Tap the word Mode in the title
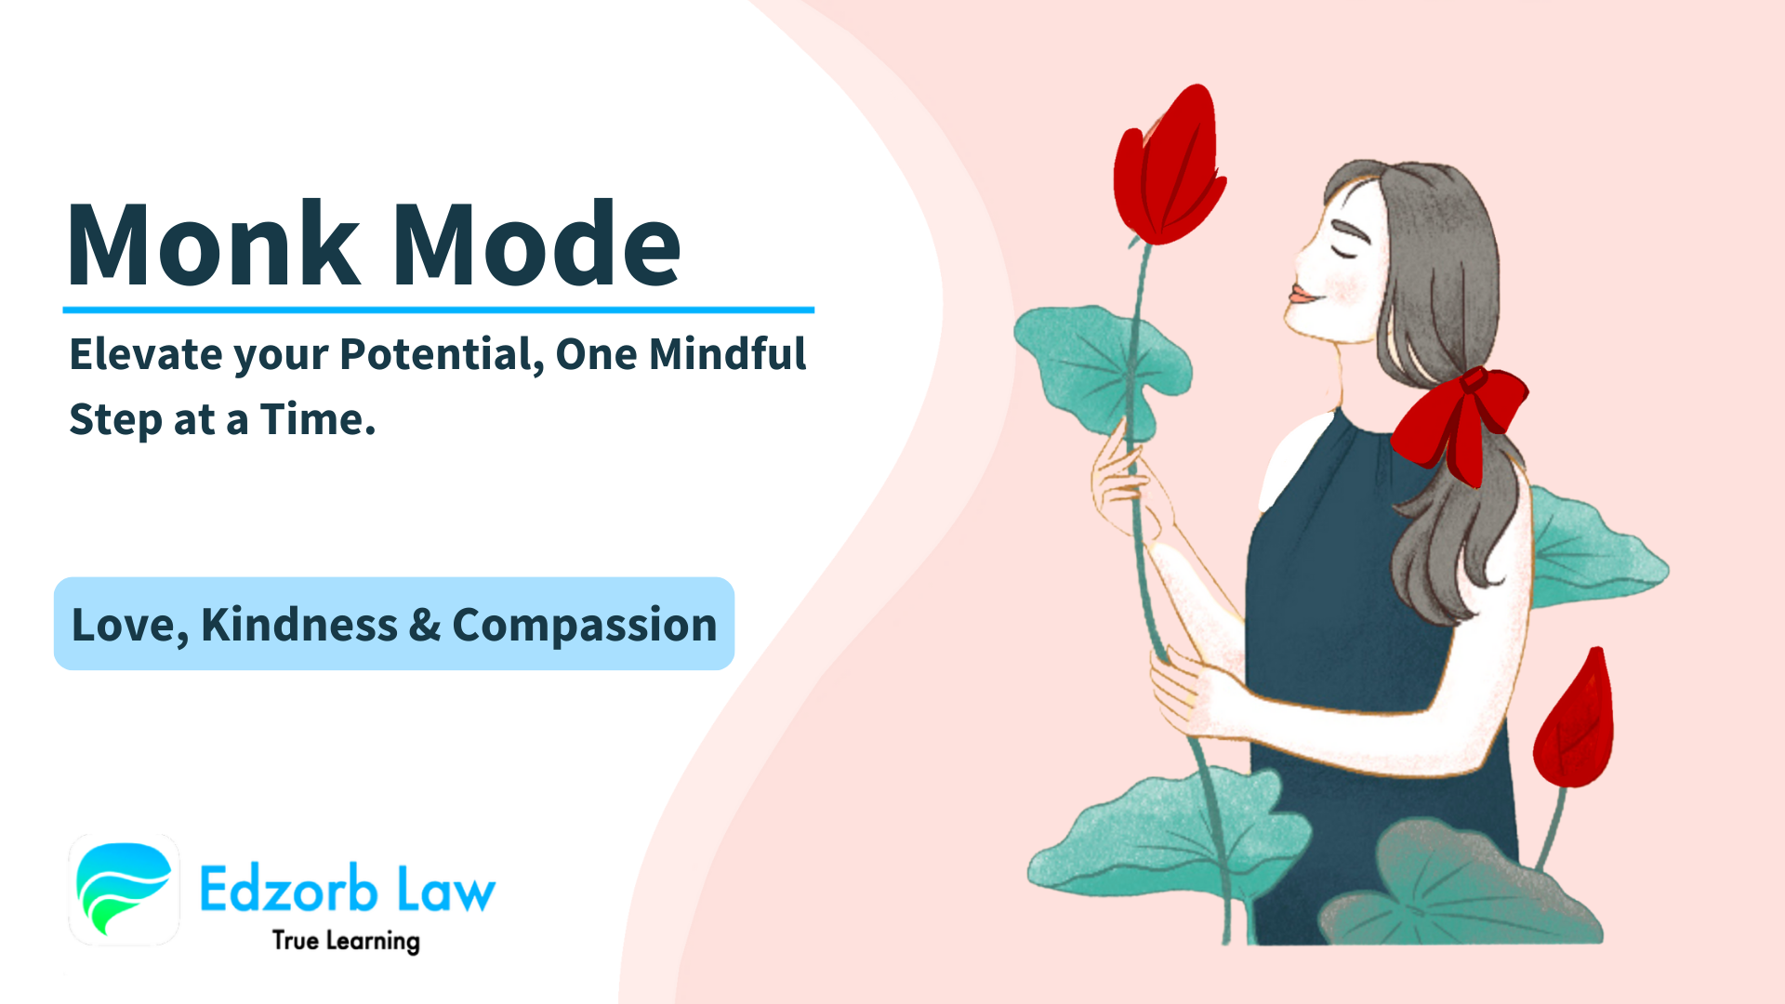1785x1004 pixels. pos(537,244)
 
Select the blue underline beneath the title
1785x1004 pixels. pos(438,310)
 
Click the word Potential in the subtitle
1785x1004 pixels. pos(442,355)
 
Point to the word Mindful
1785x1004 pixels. pos(727,354)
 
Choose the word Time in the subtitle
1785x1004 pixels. pos(311,419)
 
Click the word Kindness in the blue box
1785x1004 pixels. pos(298,624)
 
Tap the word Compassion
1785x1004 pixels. pos(584,625)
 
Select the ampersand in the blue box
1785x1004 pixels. pos(424,624)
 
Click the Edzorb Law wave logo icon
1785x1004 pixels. pos(124,889)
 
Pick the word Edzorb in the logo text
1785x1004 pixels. pos(288,890)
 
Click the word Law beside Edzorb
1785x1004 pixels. pos(446,890)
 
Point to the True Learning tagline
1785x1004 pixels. pos(346,941)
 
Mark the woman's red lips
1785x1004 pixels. pos(1300,296)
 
